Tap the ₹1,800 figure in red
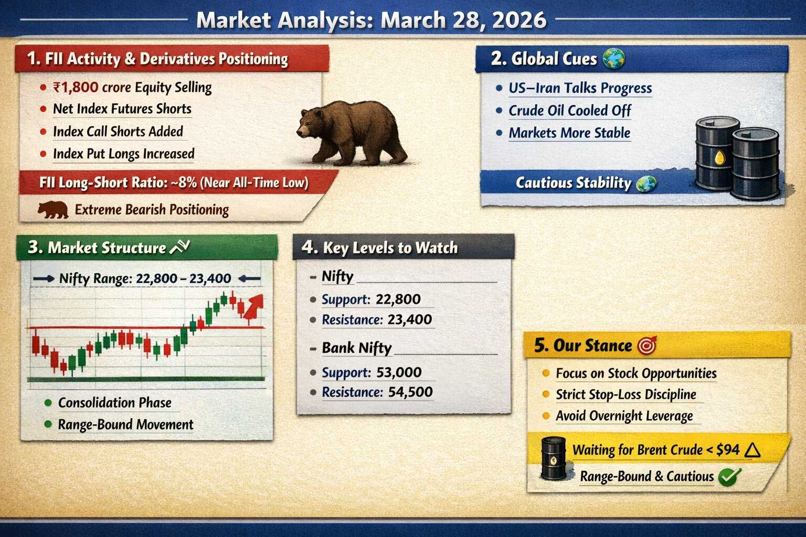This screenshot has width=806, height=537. [x=76, y=88]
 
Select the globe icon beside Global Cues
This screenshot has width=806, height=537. [x=614, y=59]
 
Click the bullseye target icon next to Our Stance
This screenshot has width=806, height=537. [x=647, y=346]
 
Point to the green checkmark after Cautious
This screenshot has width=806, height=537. [x=729, y=477]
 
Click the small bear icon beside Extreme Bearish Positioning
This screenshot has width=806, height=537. [x=53, y=210]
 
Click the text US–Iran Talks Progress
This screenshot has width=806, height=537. [x=580, y=88]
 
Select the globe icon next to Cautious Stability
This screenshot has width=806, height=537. [x=646, y=183]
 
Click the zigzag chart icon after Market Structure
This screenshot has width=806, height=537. [x=179, y=247]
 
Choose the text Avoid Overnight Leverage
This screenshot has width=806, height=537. [x=624, y=416]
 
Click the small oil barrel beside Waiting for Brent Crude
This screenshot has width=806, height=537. [x=554, y=458]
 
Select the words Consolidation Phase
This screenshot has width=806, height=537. [x=115, y=403]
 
